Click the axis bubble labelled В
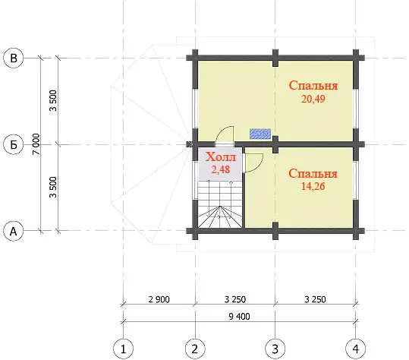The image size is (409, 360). pyautogui.click(x=14, y=58)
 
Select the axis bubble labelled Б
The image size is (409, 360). pyautogui.click(x=14, y=144)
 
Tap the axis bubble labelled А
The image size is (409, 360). pyautogui.click(x=14, y=231)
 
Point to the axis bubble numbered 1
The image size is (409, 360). pyautogui.click(x=124, y=349)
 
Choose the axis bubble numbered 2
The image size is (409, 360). pyautogui.click(x=195, y=349)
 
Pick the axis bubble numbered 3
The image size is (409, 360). pyautogui.click(x=275, y=349)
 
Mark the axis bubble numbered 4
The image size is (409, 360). pyautogui.click(x=356, y=349)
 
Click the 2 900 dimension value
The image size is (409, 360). pyautogui.click(x=159, y=299)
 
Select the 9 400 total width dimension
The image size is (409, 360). pyautogui.click(x=239, y=317)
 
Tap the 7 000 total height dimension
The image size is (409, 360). pyautogui.click(x=36, y=144)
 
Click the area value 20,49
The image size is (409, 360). pyautogui.click(x=313, y=99)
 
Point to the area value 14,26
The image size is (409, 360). pyautogui.click(x=313, y=186)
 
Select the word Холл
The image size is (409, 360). pyautogui.click(x=221, y=157)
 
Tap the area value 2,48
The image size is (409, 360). pyautogui.click(x=221, y=169)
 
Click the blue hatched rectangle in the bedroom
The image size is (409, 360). pyautogui.click(x=260, y=134)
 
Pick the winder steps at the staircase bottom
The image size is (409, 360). pyautogui.click(x=220, y=217)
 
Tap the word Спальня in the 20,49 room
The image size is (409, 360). pyautogui.click(x=313, y=85)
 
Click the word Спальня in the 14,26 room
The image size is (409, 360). pyautogui.click(x=313, y=173)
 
